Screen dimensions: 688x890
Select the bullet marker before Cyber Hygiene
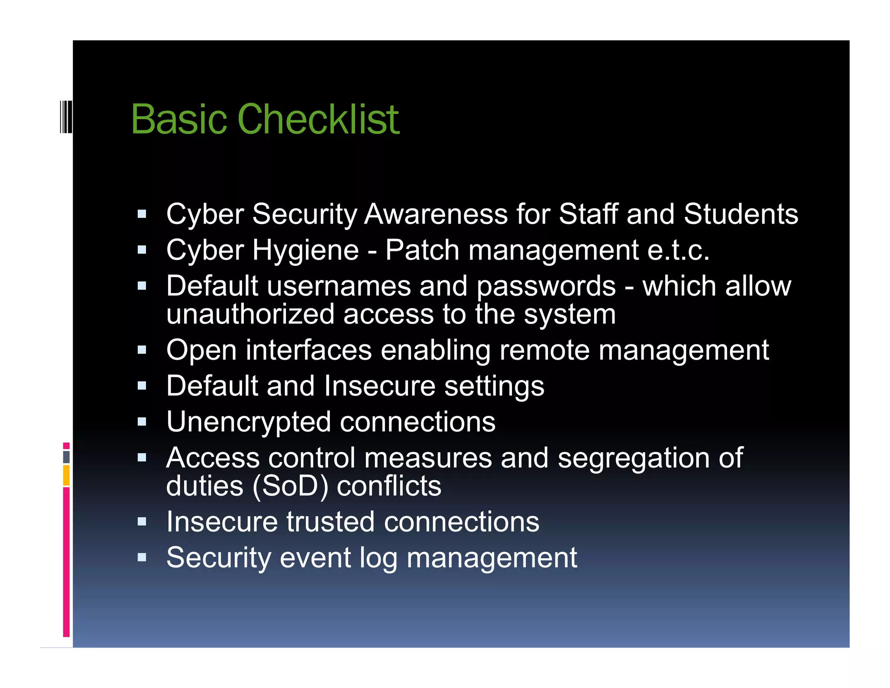point(142,250)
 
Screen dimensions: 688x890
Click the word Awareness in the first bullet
point(436,214)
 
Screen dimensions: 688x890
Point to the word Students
point(741,214)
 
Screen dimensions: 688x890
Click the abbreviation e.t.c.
point(678,250)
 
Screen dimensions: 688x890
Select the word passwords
point(546,287)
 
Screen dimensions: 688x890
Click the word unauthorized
point(250,314)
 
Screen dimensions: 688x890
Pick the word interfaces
point(309,351)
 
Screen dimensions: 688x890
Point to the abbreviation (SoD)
point(290,486)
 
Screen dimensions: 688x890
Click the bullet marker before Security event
point(142,558)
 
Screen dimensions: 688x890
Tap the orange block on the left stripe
point(66,475)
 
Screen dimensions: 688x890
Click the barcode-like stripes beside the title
point(66,116)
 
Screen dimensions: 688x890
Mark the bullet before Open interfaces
point(142,350)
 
